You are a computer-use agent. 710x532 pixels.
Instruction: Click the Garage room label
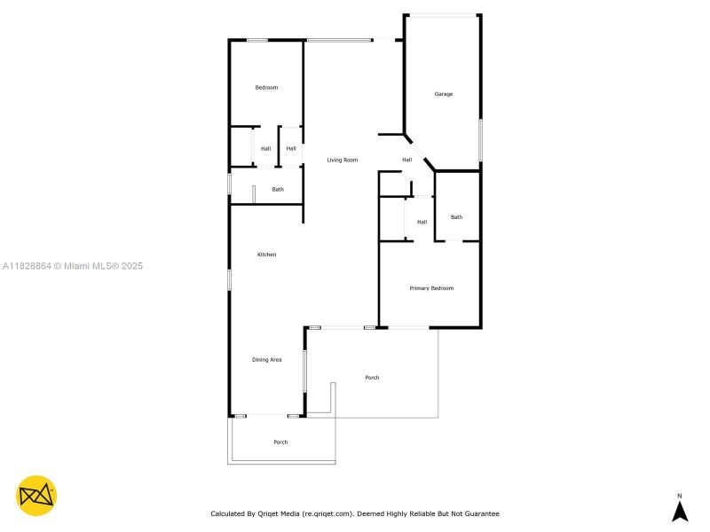click(444, 94)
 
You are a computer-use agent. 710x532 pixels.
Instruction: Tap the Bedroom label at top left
click(266, 88)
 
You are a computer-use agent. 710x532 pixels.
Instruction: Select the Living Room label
click(343, 160)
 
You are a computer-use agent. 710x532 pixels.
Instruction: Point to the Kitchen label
click(266, 254)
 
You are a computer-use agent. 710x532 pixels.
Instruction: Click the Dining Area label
click(267, 359)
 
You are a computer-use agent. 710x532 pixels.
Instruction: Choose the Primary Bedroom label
click(431, 288)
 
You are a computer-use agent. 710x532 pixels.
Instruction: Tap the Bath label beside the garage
click(456, 217)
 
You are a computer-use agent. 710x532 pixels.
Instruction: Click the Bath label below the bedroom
click(278, 189)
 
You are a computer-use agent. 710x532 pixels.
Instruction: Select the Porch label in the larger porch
click(372, 378)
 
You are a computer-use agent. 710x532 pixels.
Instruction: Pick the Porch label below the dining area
click(280, 442)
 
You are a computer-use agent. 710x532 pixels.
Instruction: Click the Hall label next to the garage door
click(406, 160)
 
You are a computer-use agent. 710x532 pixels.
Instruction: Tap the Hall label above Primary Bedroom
click(422, 222)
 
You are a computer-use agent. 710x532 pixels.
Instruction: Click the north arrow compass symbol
click(680, 512)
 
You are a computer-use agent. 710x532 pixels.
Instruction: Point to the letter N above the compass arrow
click(680, 496)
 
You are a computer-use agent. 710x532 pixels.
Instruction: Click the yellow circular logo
click(36, 496)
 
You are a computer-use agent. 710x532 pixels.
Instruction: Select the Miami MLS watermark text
click(73, 266)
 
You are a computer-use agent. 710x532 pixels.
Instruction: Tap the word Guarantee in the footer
click(480, 513)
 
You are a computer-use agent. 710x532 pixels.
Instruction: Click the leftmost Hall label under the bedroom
click(265, 148)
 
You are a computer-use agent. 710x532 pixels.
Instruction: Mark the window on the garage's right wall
click(480, 140)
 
